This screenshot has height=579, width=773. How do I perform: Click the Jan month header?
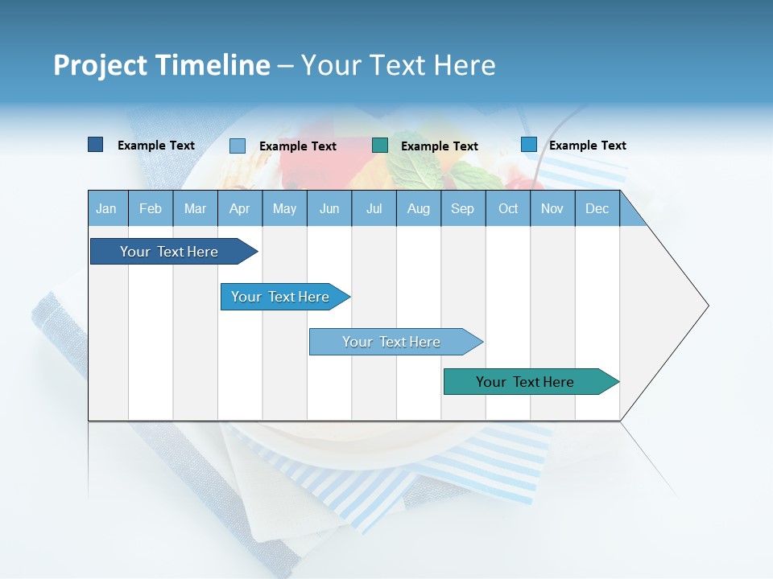point(107,208)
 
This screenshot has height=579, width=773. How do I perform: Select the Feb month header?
point(151,208)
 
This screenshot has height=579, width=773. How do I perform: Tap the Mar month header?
point(195,208)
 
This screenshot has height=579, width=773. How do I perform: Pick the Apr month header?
point(240,208)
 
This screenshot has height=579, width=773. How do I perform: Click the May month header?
point(284,208)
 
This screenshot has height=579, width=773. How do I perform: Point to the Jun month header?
point(329,208)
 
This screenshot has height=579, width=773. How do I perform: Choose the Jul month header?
point(374,208)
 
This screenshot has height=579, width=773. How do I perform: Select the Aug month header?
point(419,208)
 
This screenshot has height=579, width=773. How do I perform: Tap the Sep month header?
point(463,208)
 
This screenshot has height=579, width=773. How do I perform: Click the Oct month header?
point(508,208)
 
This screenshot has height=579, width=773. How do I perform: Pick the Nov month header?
point(552,208)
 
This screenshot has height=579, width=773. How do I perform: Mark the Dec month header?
point(597,208)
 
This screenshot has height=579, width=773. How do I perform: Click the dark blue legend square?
point(96,145)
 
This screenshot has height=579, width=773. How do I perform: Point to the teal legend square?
point(380,146)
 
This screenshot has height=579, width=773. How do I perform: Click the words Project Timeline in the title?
point(162,65)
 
